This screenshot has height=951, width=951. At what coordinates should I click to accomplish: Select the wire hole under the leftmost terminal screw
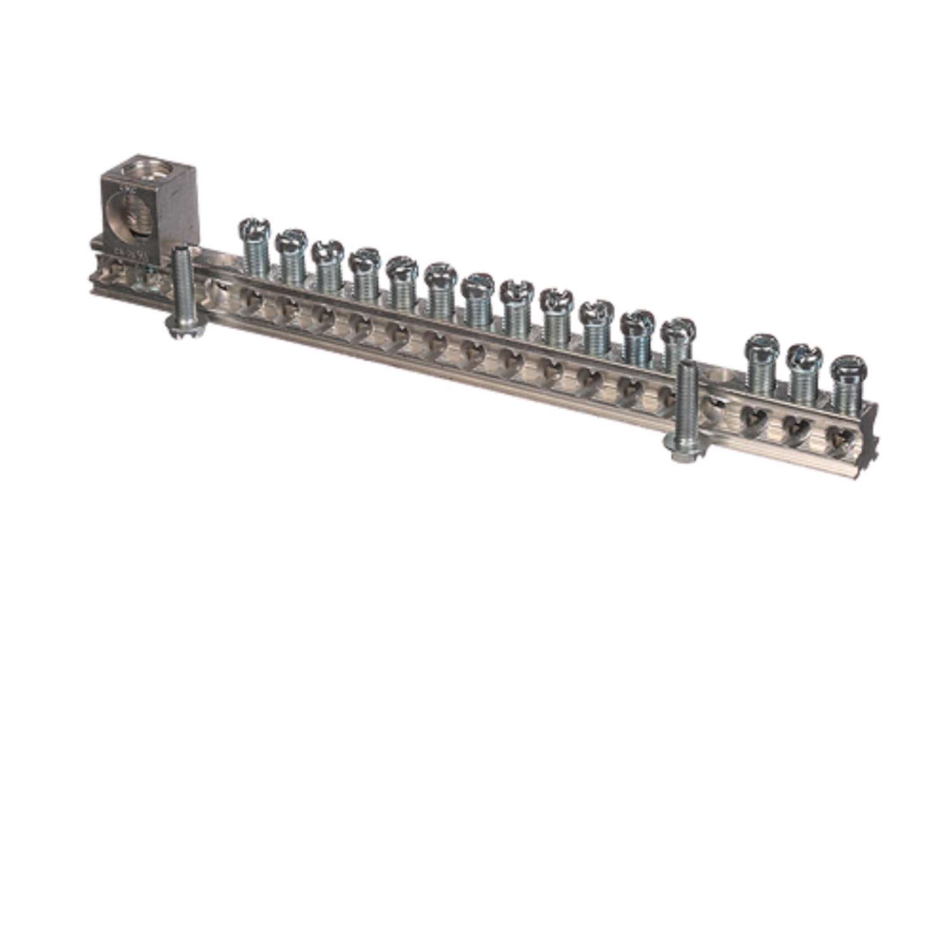click(x=252, y=297)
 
